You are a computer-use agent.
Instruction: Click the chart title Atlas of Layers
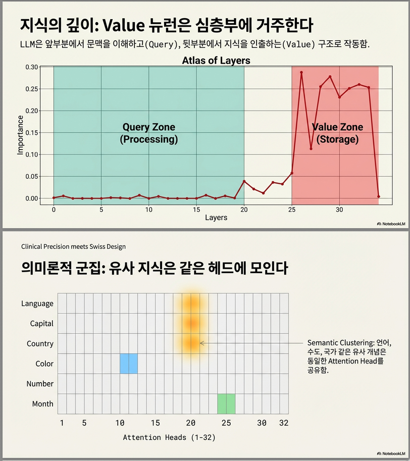(x=216, y=61)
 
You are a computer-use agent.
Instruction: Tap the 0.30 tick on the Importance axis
(x=31, y=67)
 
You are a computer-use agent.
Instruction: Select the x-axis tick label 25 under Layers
(x=291, y=209)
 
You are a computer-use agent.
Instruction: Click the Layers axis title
(x=216, y=218)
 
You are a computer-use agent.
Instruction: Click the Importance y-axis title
(x=20, y=135)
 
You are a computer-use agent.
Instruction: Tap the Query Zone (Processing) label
(x=149, y=133)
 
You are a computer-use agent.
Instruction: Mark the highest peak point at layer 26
(x=301, y=72)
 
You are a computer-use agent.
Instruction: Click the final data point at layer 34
(x=378, y=196)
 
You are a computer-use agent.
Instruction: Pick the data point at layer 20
(x=244, y=181)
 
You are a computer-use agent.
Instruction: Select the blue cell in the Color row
(x=128, y=364)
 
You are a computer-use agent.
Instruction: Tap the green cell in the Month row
(x=226, y=403)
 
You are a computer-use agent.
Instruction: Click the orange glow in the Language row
(x=191, y=303)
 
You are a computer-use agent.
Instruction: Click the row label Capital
(x=41, y=323)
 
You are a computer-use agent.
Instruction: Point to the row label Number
(x=40, y=384)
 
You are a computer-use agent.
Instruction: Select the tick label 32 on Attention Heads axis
(x=283, y=423)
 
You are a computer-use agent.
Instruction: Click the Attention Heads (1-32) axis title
(x=169, y=437)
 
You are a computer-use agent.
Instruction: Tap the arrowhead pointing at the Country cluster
(x=202, y=343)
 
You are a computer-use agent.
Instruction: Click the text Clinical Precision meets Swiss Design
(x=73, y=246)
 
